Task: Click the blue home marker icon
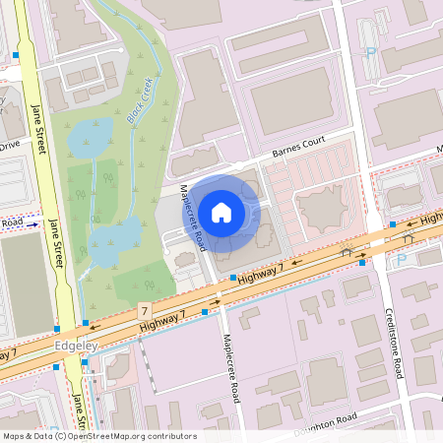tap(221, 212)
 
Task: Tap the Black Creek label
tap(141, 100)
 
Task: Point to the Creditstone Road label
tap(395, 353)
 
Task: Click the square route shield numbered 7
tap(145, 310)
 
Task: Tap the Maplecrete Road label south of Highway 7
tap(232, 366)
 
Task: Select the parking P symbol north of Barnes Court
tap(371, 53)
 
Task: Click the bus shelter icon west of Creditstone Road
tap(345, 252)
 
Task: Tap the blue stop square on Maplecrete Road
tap(232, 279)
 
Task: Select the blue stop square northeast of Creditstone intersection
tap(393, 224)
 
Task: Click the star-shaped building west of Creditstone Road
tap(319, 208)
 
